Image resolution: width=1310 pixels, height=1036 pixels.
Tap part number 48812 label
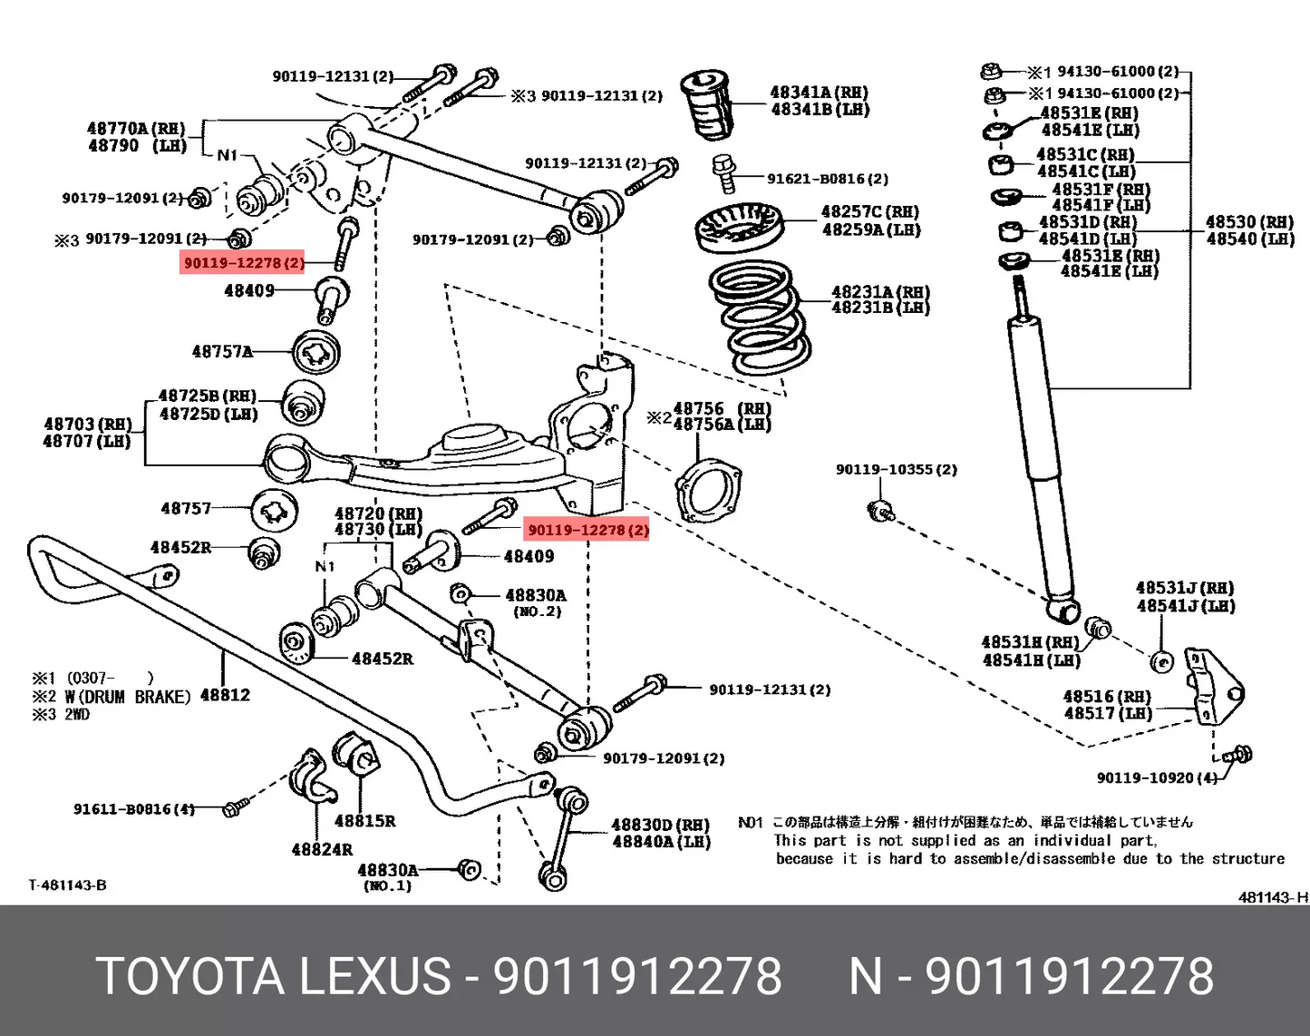tap(225, 695)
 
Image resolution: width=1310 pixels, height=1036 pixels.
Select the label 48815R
tap(364, 821)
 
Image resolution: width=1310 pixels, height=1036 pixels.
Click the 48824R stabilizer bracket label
tap(322, 850)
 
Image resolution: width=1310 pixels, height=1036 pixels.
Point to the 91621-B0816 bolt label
tap(827, 179)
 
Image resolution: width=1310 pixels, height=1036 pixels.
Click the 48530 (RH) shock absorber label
tap(1249, 222)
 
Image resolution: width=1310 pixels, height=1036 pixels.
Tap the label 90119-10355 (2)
tap(896, 469)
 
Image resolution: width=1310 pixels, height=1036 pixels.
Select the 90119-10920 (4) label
tap(1157, 777)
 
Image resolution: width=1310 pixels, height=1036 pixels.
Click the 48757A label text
tap(222, 351)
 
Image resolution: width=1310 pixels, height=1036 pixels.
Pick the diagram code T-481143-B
tap(67, 885)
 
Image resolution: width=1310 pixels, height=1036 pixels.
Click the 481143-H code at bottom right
tap(1273, 897)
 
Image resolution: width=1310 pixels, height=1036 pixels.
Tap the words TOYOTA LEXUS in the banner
tap(273, 977)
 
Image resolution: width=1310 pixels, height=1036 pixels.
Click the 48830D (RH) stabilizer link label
tap(660, 825)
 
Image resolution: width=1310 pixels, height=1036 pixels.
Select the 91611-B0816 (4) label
tap(133, 808)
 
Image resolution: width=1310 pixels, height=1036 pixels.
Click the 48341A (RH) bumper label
tap(819, 93)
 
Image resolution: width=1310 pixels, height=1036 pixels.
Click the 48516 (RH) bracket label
tap(1107, 697)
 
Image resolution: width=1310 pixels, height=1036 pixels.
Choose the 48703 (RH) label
tap(87, 424)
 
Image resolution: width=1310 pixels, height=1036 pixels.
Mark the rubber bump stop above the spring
tap(707, 104)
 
